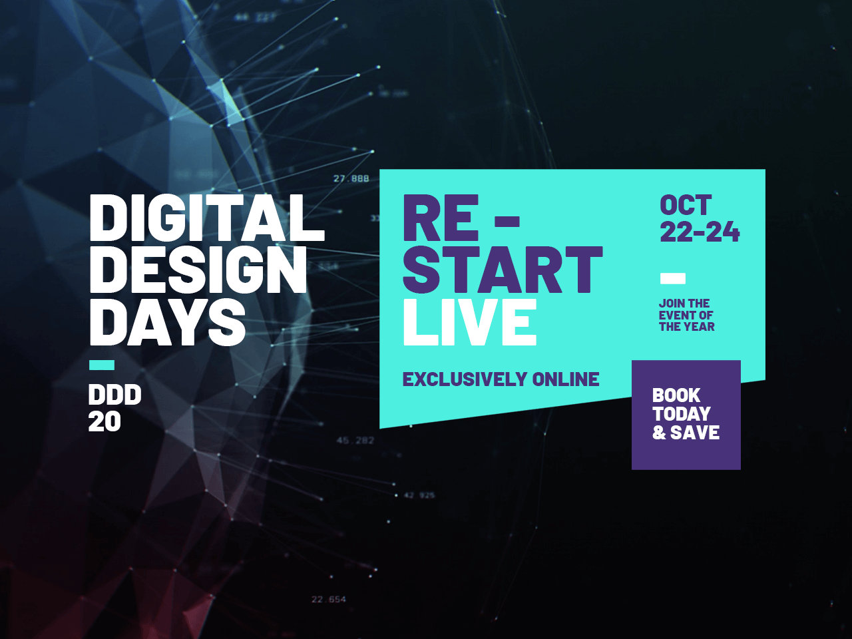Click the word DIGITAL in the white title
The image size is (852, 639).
(x=206, y=218)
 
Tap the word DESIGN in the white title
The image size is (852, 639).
(x=198, y=270)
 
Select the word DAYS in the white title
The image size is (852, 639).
(x=167, y=321)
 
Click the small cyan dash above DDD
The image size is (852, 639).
(x=102, y=365)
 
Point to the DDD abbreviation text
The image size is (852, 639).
(x=114, y=395)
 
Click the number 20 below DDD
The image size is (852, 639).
(x=105, y=421)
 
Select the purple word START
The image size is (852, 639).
(x=503, y=270)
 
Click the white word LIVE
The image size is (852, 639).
(x=470, y=322)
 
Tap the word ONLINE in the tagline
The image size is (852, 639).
(x=566, y=379)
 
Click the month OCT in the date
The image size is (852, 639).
(x=686, y=206)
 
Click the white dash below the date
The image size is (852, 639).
(x=672, y=278)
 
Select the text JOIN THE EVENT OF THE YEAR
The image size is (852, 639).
(x=686, y=315)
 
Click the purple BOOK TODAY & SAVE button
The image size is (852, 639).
(x=686, y=415)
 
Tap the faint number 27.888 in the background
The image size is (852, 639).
(x=351, y=178)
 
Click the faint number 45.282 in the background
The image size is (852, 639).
(x=355, y=441)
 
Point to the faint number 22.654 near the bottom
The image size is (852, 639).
(x=329, y=600)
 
